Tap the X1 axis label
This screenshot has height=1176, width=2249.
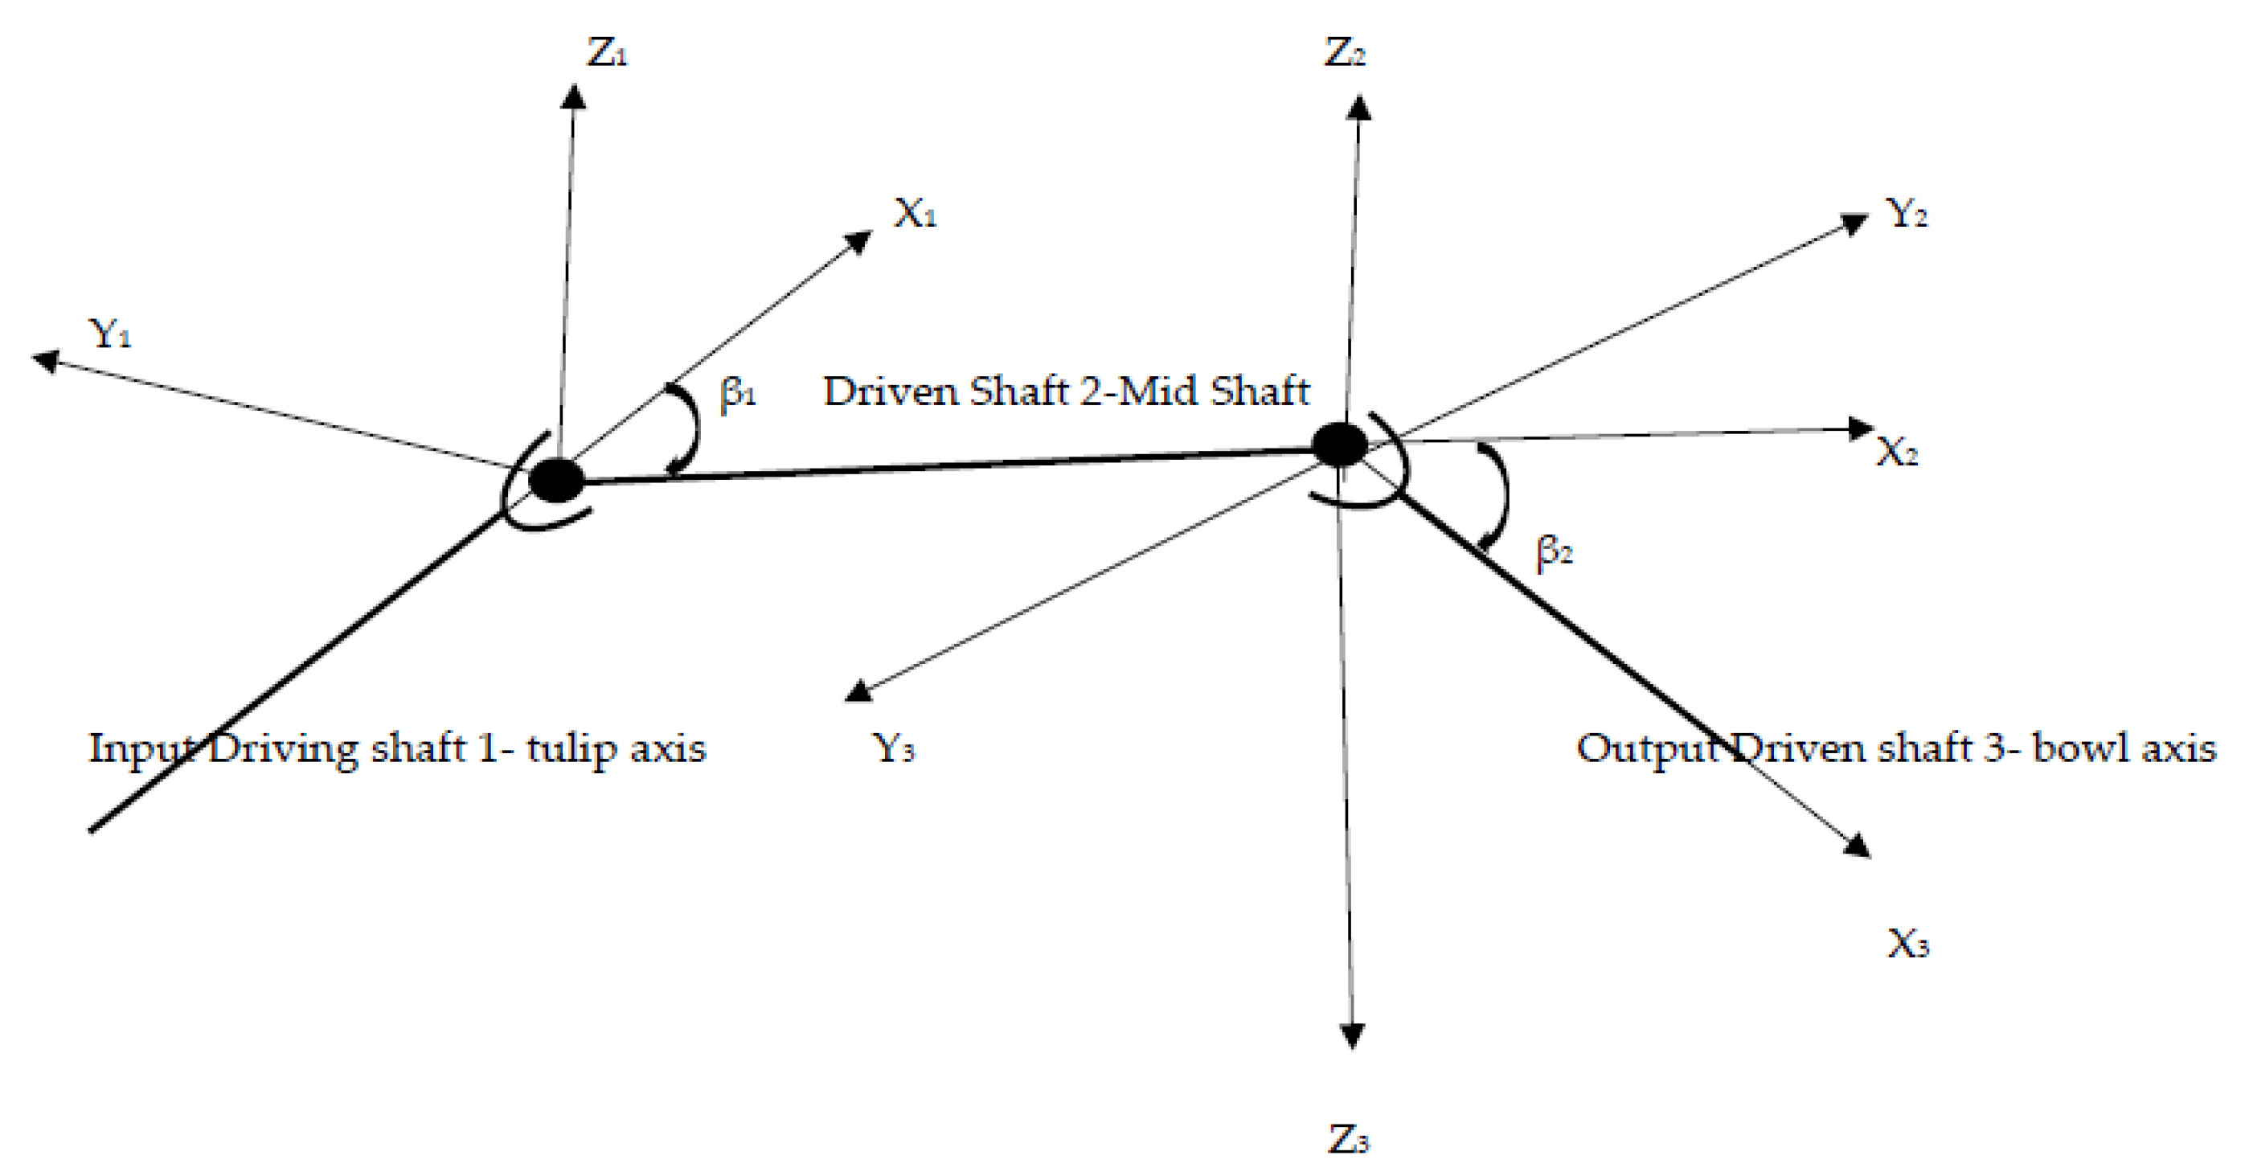[914, 212]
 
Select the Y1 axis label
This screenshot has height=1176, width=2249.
[110, 333]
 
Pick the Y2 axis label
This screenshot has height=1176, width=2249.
[1907, 212]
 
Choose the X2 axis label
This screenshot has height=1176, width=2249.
[1897, 452]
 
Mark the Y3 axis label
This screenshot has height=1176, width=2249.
[893, 748]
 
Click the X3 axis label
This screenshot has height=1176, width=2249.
[1908, 944]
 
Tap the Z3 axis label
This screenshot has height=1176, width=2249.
[1348, 1140]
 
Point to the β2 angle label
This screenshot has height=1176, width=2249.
[1554, 551]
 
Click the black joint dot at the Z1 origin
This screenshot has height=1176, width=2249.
[557, 480]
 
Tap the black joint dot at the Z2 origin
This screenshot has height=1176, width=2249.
[1340, 445]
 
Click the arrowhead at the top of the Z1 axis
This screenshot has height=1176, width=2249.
[574, 95]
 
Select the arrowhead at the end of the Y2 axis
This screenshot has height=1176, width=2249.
[1852, 223]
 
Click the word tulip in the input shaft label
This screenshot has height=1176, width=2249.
[559, 749]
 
